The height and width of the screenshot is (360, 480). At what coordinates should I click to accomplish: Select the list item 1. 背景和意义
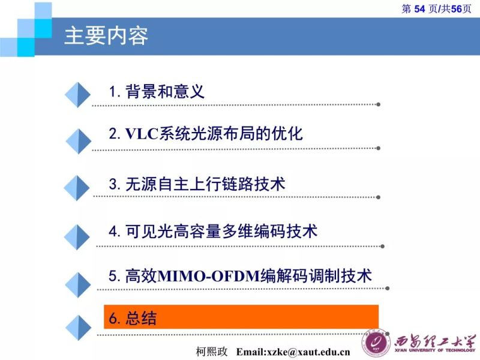click(x=157, y=91)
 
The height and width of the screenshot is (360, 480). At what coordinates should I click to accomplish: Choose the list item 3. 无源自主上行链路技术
click(x=197, y=184)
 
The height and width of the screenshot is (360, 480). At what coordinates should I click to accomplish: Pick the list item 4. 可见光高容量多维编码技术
click(x=213, y=231)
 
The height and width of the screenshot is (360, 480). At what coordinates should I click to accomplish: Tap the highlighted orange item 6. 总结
click(x=241, y=317)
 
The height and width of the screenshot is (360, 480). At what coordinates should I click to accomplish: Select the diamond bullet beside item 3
click(x=77, y=188)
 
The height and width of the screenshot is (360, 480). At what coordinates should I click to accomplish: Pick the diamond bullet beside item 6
click(x=77, y=328)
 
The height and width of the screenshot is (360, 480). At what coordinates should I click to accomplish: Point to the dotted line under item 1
click(x=234, y=104)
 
